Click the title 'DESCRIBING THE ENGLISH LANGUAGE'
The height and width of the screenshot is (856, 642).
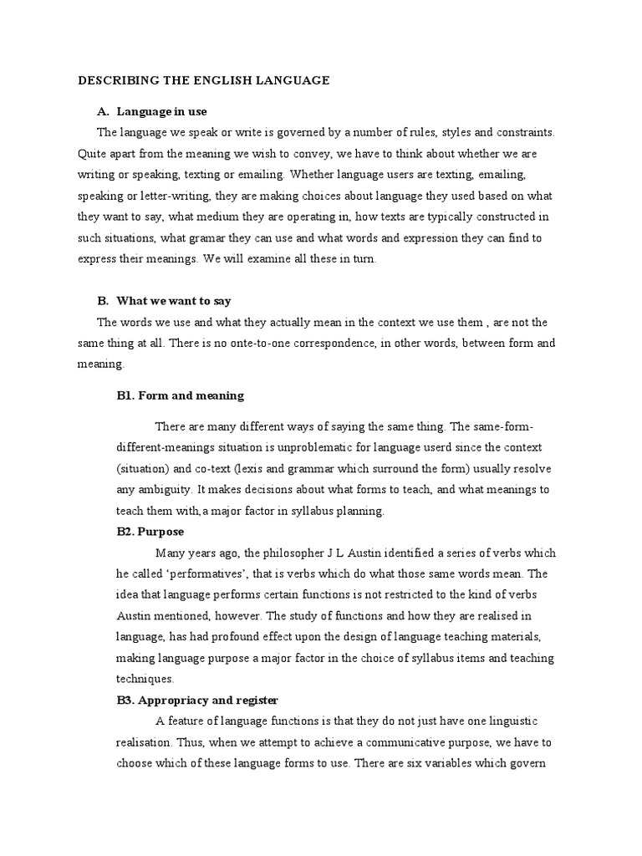pyautogui.click(x=204, y=81)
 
